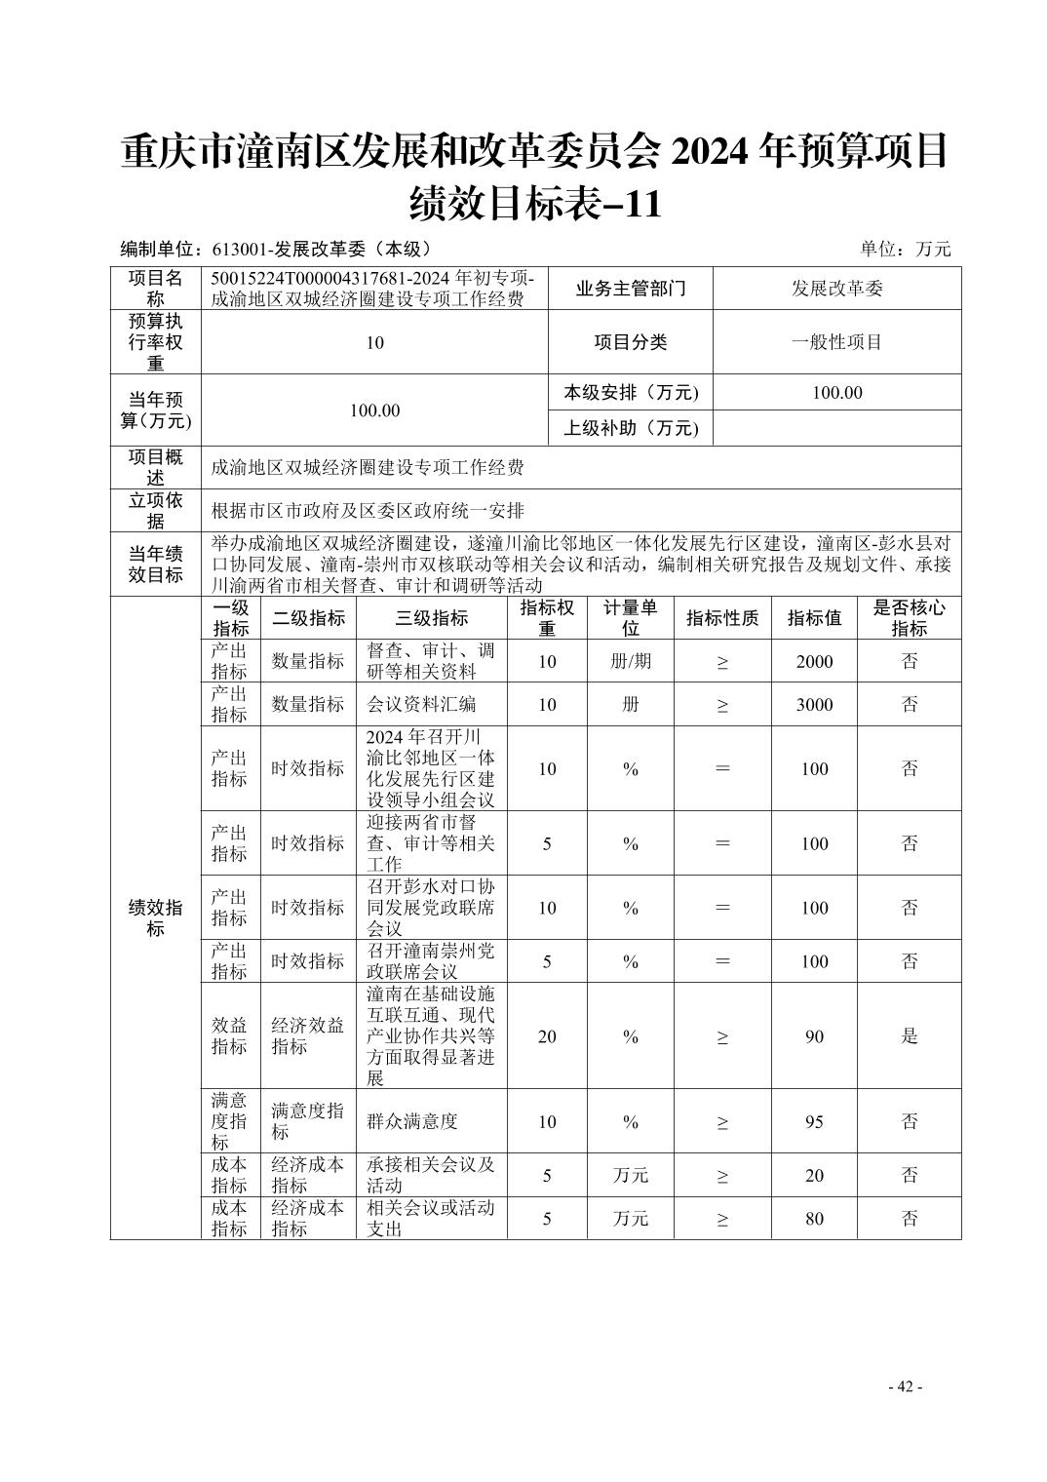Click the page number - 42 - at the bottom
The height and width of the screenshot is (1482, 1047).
click(904, 1386)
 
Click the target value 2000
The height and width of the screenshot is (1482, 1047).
click(814, 661)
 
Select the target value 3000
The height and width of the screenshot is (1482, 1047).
click(814, 704)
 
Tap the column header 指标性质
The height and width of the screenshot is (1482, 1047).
click(722, 618)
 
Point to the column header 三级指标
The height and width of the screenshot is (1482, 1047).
click(431, 618)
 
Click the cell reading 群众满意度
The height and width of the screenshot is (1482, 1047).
click(412, 1121)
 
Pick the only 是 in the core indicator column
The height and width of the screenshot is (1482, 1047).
click(909, 1035)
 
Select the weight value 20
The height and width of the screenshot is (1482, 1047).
click(547, 1035)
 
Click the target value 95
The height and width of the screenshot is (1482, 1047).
click(814, 1121)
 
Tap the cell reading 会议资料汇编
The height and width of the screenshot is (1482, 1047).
click(421, 704)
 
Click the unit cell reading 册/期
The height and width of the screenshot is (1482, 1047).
click(630, 661)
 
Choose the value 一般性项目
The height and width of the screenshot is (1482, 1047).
click(836, 342)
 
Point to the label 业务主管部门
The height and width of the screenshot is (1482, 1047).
click(631, 289)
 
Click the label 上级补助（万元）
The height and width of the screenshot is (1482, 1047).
click(631, 428)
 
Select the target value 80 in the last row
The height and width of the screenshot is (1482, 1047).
click(814, 1219)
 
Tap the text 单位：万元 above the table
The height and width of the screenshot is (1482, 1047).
click(905, 249)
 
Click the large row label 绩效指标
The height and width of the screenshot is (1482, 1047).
click(156, 917)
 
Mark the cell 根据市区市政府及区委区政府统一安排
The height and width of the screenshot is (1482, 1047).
click(368, 510)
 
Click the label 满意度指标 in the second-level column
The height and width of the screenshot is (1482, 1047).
click(307, 1121)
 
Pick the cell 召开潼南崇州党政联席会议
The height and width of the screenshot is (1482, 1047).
click(431, 961)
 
